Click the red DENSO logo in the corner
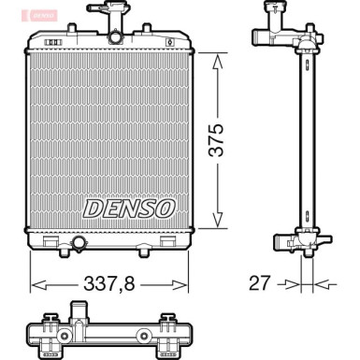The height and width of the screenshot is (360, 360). click(x=13, y=13)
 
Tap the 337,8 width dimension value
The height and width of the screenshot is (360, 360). click(x=109, y=282)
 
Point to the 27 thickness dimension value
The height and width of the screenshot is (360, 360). click(x=259, y=282)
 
